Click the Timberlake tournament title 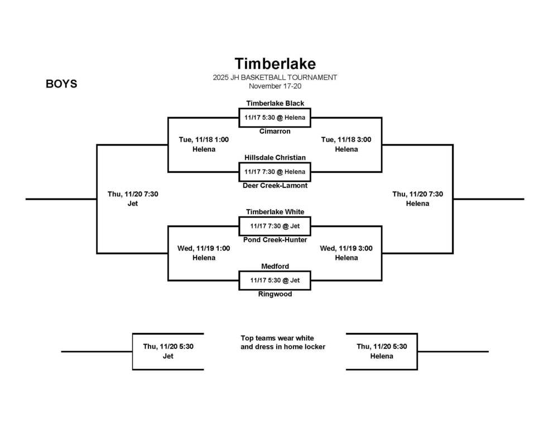(275, 64)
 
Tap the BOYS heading (61, 84)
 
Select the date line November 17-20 (275, 86)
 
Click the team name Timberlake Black (275, 103)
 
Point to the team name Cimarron (275, 132)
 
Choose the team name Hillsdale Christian (275, 158)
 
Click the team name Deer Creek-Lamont (275, 186)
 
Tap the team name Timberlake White (275, 212)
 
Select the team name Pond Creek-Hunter (275, 240)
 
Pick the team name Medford (275, 267)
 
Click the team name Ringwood (275, 294)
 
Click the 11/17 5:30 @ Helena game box (275, 118)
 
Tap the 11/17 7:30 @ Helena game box (275, 172)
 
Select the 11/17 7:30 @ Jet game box (275, 226)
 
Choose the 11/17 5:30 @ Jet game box (275, 280)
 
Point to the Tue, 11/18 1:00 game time (204, 140)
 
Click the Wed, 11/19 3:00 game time (346, 249)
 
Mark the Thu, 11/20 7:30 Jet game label (133, 198)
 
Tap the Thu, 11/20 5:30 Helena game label (382, 351)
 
